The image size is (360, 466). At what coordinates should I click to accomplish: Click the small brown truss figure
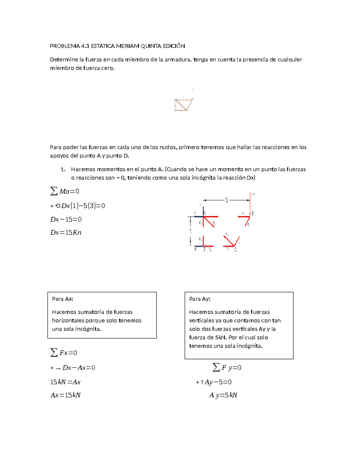click(184, 105)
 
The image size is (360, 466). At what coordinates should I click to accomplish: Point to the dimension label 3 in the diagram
click(226, 200)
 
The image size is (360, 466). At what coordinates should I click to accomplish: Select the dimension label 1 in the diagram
click(190, 231)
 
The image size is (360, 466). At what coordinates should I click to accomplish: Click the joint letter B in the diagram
click(253, 214)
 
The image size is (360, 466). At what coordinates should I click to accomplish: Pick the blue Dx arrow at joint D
click(199, 246)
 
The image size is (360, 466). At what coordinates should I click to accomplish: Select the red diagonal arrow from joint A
click(209, 222)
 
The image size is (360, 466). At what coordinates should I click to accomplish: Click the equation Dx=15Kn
click(66, 233)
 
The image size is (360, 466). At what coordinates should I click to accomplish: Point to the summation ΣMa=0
click(65, 191)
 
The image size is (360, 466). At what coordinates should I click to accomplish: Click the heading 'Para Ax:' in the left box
click(63, 299)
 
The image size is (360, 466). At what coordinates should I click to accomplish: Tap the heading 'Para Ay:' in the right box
click(200, 299)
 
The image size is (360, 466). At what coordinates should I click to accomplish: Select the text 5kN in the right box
click(221, 337)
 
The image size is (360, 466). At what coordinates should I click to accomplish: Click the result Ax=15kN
click(65, 395)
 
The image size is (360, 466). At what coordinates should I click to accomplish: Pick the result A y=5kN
click(223, 395)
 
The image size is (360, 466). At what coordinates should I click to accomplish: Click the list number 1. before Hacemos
click(63, 169)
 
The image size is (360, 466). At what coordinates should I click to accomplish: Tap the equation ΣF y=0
click(227, 367)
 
